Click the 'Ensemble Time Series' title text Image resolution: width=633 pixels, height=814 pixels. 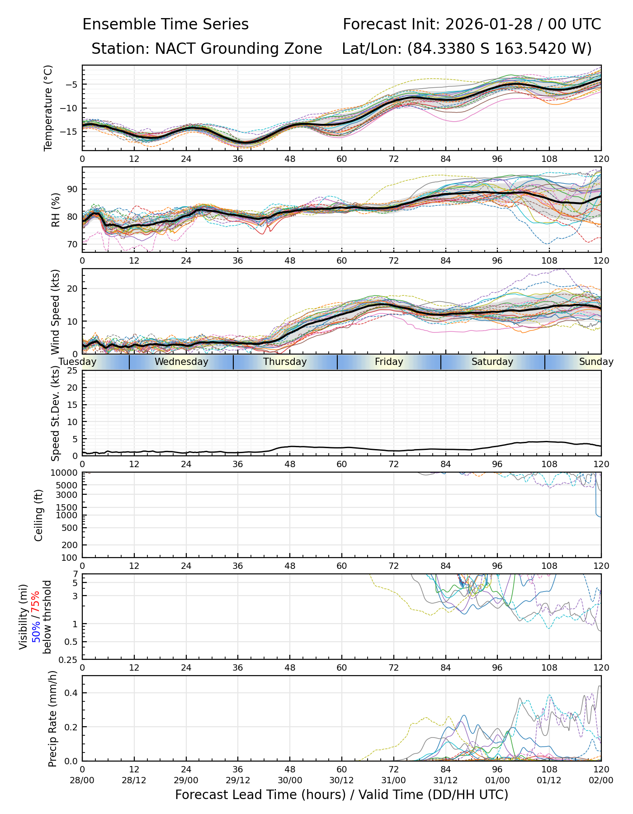[165, 24]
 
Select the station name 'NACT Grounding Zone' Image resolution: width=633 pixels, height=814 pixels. [238, 48]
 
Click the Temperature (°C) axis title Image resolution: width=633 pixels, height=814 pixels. [48, 108]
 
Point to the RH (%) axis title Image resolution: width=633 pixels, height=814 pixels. [56, 210]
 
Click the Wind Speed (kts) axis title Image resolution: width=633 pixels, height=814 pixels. [56, 312]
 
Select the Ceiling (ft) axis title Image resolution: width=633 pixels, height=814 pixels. [39, 515]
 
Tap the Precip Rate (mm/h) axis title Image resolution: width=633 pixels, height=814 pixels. [52, 719]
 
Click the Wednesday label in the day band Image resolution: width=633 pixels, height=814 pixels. [181, 362]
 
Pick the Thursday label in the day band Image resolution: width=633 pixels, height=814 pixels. [285, 362]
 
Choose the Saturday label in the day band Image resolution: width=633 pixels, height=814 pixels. [492, 362]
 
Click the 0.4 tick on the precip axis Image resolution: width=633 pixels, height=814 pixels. [72, 693]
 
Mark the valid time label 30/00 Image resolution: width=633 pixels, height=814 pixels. [290, 781]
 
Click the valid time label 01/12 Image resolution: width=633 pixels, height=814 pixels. [549, 781]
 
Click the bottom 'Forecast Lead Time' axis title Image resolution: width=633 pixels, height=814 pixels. [341, 795]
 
